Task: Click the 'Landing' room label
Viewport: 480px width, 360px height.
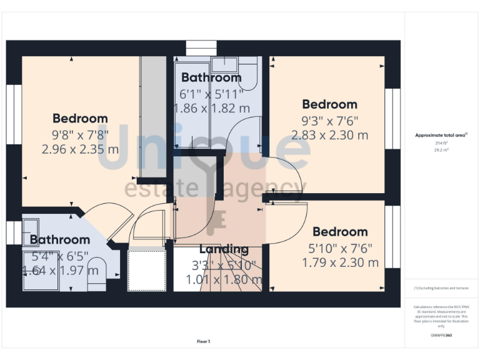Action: pyautogui.click(x=223, y=251)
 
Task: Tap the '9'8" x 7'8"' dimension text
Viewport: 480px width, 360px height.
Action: pyautogui.click(x=80, y=134)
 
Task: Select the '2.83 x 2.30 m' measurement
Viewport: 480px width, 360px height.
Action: pyautogui.click(x=329, y=134)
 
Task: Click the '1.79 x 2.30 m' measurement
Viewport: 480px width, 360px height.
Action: pyautogui.click(x=340, y=262)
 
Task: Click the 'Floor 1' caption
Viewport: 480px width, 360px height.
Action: pyautogui.click(x=203, y=341)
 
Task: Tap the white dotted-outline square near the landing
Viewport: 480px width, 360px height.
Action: pyautogui.click(x=147, y=271)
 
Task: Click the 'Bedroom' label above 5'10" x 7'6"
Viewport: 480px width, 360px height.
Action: pyautogui.click(x=340, y=232)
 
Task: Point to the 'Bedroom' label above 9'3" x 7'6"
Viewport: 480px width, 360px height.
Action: pyautogui.click(x=329, y=104)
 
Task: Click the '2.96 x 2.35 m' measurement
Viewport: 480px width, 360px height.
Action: pyautogui.click(x=80, y=149)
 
